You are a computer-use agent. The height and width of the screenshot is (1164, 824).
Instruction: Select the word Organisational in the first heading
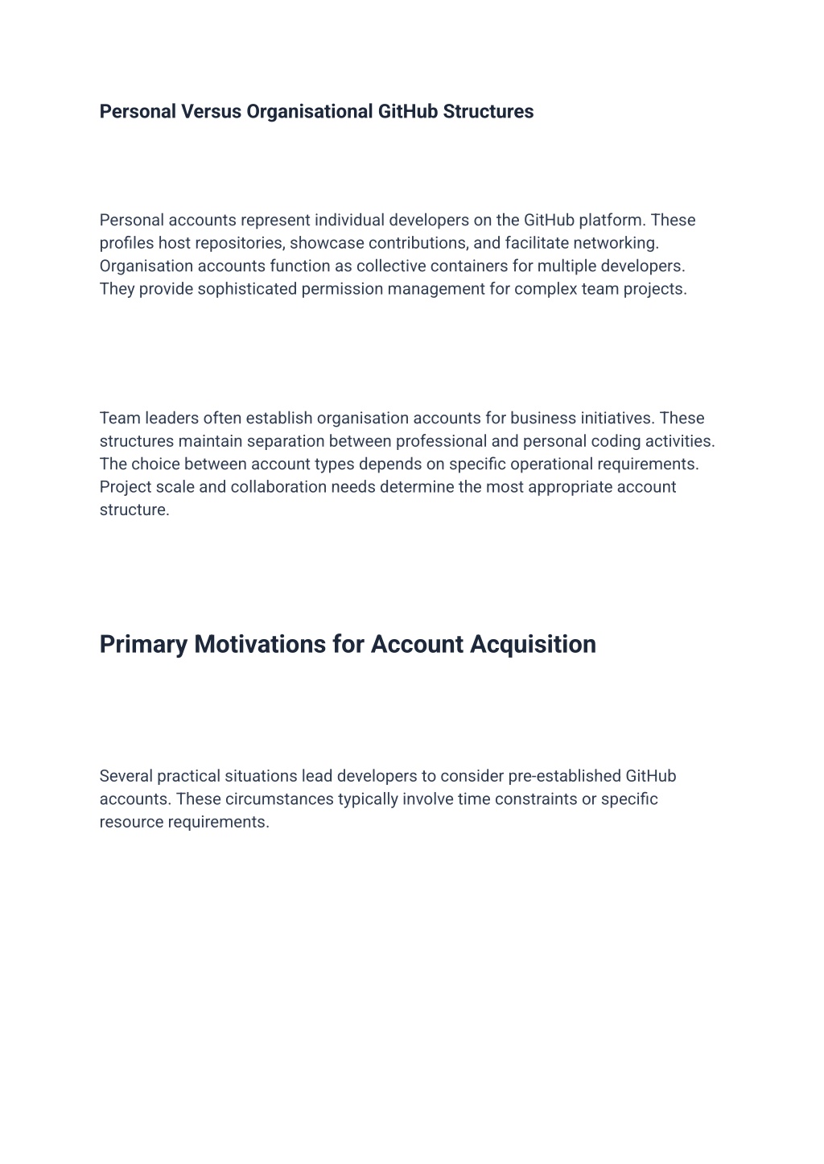[x=310, y=112]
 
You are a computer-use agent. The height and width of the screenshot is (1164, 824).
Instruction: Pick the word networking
[x=616, y=243]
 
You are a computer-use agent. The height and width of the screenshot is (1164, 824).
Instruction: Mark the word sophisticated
[x=247, y=289]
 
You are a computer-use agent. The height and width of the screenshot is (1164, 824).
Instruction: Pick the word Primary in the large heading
[x=143, y=645]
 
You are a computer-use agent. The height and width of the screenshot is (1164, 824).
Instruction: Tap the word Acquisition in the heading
[x=533, y=645]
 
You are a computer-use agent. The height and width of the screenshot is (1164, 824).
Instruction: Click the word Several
[x=126, y=777]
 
